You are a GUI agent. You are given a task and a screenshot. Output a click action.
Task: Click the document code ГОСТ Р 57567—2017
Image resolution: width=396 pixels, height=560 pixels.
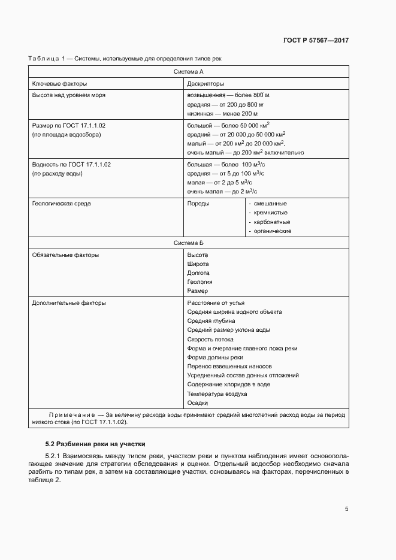(316, 41)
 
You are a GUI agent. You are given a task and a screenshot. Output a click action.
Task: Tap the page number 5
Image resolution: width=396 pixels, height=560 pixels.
(346, 509)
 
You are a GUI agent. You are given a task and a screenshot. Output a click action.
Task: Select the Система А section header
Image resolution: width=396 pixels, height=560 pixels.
(189, 71)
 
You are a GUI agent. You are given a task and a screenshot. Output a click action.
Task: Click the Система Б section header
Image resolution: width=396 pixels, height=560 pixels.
(189, 243)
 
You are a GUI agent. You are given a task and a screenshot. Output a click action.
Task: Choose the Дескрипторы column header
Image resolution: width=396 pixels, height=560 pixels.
(205, 84)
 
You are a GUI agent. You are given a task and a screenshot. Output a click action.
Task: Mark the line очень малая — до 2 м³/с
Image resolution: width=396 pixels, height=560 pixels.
(222, 192)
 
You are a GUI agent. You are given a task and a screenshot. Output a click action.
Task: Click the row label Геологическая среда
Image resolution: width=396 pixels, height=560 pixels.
(61, 204)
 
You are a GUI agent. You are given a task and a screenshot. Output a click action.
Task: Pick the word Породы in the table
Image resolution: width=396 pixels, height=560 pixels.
(198, 204)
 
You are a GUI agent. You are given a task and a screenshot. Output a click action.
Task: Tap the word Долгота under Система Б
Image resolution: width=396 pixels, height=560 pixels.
(198, 273)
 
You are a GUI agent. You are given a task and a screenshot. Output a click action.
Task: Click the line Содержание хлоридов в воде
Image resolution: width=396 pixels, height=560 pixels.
(228, 384)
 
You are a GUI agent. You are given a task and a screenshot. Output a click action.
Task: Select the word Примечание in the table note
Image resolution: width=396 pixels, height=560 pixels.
(72, 414)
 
